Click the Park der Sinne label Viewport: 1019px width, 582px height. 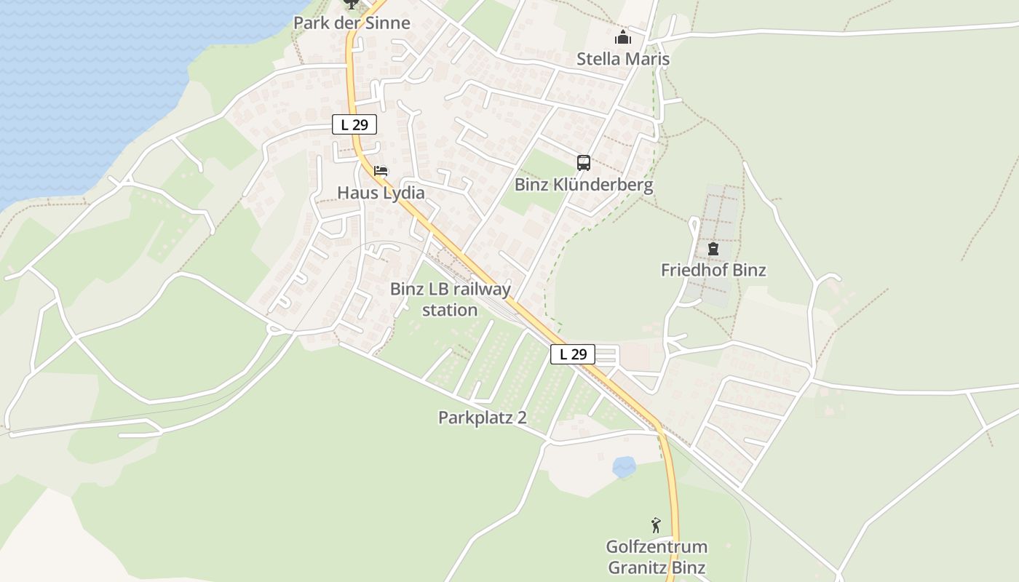coord(352,23)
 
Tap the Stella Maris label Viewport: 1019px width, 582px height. coord(623,59)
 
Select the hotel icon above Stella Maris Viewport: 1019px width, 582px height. coord(623,38)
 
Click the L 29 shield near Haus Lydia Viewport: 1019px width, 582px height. coord(354,124)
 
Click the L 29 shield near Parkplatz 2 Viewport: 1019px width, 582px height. coord(573,354)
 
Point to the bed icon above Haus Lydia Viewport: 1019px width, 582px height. coord(381,172)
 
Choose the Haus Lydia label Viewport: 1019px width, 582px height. coord(381,193)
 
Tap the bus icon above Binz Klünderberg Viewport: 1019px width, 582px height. coord(584,163)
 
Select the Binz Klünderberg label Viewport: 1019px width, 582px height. coord(584,185)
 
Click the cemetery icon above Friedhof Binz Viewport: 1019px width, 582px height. coord(713,249)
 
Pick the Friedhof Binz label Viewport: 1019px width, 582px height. coord(713,270)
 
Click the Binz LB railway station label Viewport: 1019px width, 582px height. coord(451,299)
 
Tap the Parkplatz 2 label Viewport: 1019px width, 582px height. coord(482,418)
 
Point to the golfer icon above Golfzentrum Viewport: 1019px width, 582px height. coord(656,525)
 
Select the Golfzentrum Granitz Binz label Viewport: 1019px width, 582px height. coord(657,557)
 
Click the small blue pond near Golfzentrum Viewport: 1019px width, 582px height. coord(624,466)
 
